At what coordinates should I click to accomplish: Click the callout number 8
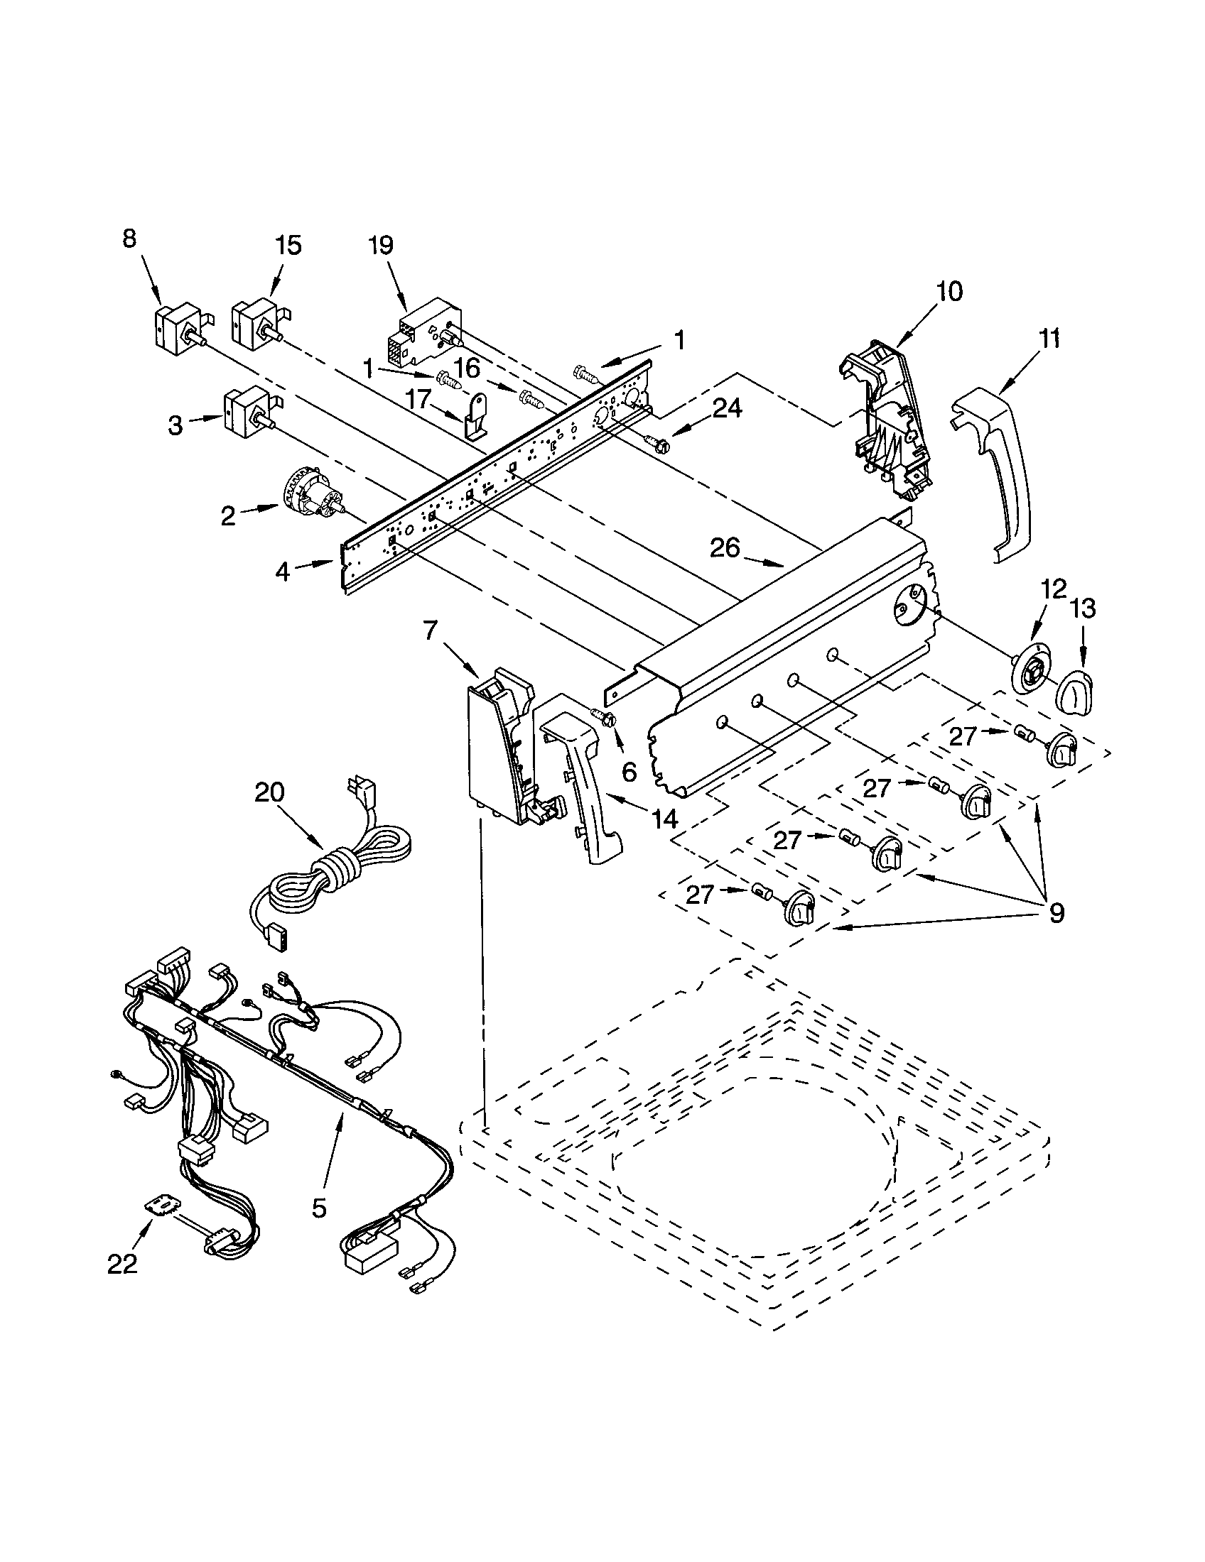[x=129, y=239]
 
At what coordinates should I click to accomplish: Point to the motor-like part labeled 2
[x=314, y=493]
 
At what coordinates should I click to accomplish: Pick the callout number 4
[x=283, y=572]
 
